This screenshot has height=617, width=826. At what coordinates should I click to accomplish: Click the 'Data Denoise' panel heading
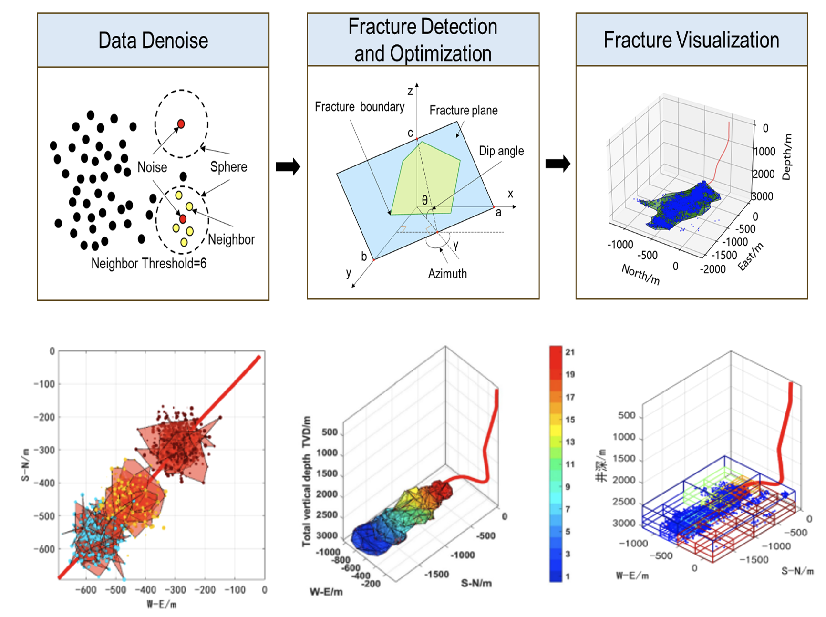coord(153,41)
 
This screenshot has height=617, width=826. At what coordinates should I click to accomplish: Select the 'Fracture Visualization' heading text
coord(691,40)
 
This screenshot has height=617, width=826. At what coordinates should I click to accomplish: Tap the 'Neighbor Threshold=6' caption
coord(149,264)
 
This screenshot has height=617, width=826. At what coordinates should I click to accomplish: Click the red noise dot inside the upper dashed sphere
coord(181,124)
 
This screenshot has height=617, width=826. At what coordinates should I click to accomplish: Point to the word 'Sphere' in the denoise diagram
coord(228,167)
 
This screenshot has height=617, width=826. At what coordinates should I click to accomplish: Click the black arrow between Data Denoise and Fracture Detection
coord(288,166)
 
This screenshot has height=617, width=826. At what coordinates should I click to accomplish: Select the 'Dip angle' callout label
coord(501,151)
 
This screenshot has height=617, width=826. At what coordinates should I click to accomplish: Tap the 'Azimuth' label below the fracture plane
coord(447,274)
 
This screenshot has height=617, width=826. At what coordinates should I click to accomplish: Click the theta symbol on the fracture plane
coord(424,200)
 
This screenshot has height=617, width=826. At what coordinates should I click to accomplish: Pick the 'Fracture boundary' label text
coord(359,107)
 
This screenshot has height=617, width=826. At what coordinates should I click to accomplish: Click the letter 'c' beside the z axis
coord(410,133)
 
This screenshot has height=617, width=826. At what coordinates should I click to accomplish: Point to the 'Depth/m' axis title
coord(786,156)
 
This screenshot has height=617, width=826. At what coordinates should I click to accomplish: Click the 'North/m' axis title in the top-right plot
coord(640,275)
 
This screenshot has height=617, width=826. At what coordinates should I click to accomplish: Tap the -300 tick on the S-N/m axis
coord(44,450)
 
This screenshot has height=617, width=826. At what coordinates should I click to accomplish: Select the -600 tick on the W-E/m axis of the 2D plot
coord(86,590)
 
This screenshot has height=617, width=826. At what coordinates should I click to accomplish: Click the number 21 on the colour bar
coord(570,352)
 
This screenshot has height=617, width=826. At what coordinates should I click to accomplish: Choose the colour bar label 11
coord(570,464)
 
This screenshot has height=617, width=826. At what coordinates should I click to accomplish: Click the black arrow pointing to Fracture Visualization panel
coord(558,164)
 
